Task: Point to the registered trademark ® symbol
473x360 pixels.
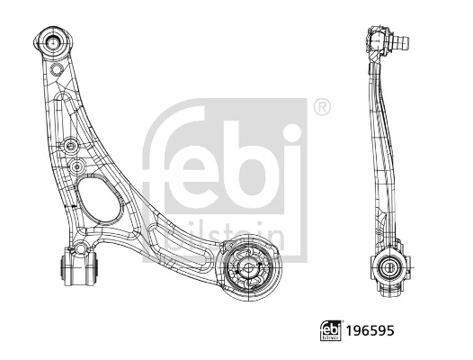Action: (x=321, y=108)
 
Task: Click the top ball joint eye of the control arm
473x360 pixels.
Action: (x=53, y=40)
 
